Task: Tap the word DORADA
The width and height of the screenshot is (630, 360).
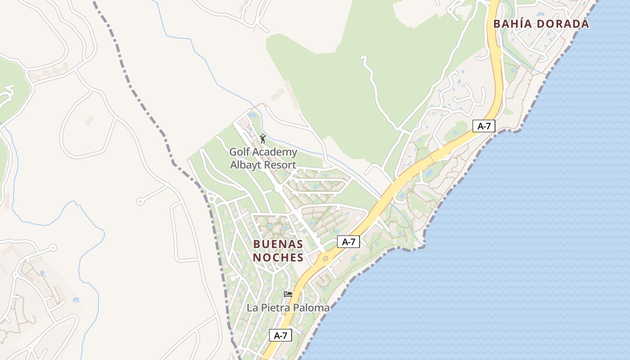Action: [x=562, y=24]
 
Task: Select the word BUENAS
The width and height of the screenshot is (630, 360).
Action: [x=278, y=244]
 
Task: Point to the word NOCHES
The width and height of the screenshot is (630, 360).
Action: [x=278, y=257]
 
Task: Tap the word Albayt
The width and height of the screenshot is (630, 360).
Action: [x=245, y=165]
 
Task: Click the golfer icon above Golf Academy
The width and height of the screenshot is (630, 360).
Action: [x=263, y=139]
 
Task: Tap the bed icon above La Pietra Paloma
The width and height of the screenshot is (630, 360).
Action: [x=288, y=295]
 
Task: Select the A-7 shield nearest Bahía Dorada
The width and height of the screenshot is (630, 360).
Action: [x=484, y=126]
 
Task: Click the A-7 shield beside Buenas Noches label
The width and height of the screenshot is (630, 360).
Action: [x=348, y=242]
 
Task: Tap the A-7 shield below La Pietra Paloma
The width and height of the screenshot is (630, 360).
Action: [x=280, y=335]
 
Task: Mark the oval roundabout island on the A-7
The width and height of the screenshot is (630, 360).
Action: [x=325, y=259]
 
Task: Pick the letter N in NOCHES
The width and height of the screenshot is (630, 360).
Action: [x=257, y=257]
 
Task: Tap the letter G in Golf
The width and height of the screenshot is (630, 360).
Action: [x=234, y=152]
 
